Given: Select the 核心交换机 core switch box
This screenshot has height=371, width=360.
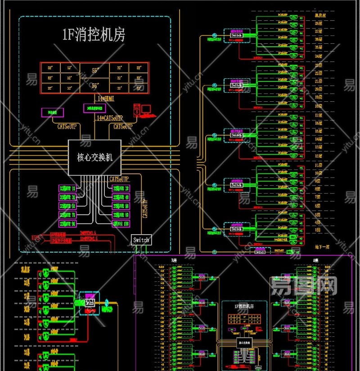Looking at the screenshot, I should pos(94,157).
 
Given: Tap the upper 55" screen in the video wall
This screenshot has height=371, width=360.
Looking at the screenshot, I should pos(95,70).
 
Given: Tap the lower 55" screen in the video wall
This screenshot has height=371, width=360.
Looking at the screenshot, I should pos(95,85).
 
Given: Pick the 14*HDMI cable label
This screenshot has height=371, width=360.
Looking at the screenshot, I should pos(106,99).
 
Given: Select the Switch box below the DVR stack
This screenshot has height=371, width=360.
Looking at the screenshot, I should pos(141,240).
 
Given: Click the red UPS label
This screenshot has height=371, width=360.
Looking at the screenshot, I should pos(36,237).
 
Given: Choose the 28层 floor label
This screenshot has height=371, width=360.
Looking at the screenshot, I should pos(318,23).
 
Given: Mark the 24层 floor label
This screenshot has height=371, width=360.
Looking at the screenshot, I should pos(318,56).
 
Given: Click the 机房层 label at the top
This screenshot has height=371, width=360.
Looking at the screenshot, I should pos(319,15).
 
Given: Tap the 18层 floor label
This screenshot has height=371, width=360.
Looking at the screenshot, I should pos(318,106).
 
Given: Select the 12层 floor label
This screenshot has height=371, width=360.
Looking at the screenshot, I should pos(318,156).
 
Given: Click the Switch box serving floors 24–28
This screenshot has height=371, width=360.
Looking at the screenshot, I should pos(236,35).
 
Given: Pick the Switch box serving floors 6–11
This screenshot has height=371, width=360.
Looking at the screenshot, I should pos(236,185).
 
